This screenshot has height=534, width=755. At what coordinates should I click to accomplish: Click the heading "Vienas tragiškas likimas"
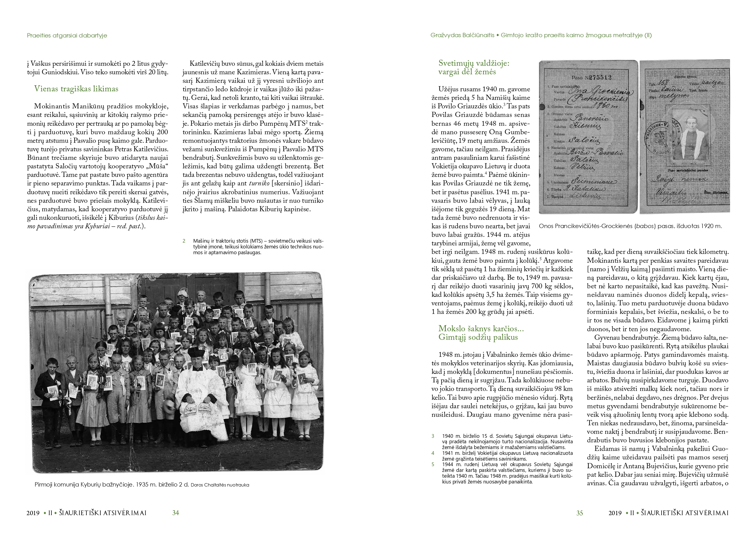76,89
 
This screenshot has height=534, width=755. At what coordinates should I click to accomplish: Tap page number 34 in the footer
176,513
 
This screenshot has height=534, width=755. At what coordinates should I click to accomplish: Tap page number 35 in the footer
579,513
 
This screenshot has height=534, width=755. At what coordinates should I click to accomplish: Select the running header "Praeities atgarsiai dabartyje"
67,36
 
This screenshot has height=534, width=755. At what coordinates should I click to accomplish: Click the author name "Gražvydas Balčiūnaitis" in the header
462,36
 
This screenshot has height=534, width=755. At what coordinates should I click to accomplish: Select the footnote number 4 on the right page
433,453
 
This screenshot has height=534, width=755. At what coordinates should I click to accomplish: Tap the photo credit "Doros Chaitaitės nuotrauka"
220,485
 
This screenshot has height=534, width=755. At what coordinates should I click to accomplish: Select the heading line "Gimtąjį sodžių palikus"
478,337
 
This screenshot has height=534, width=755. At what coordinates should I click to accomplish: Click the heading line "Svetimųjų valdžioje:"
474,63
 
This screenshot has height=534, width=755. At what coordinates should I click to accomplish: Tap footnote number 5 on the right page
433,465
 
